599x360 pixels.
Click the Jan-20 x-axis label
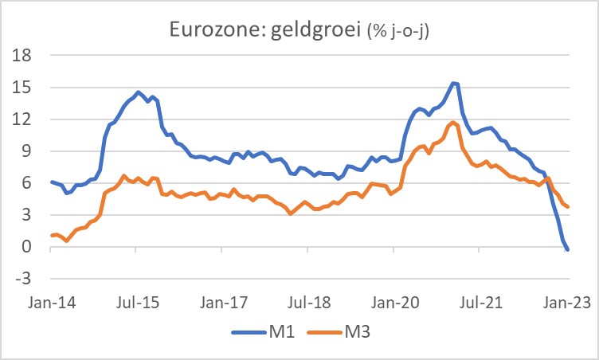coord(395,303)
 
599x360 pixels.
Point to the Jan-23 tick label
coord(567,303)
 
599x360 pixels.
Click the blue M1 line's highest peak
coord(453,83)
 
